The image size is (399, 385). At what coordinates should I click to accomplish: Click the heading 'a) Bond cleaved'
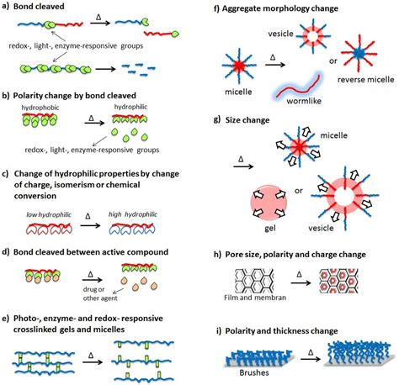(x=35, y=7)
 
